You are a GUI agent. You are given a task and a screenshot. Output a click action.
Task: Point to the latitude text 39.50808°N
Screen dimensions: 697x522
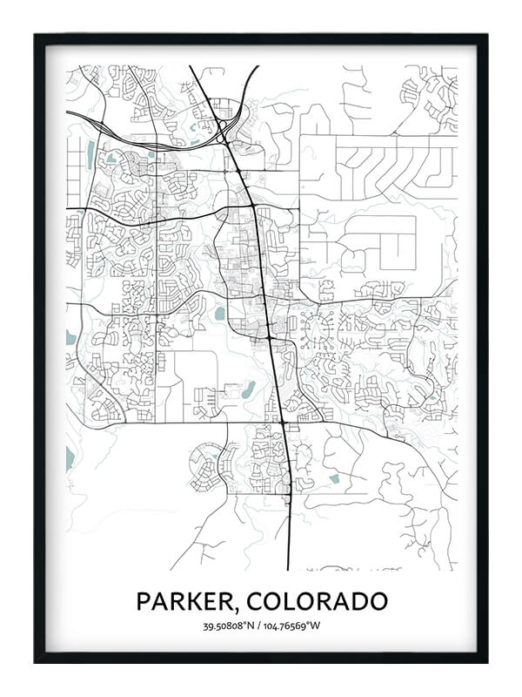click(x=231, y=626)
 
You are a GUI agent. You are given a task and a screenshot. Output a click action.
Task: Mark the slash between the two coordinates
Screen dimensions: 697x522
click(x=261, y=626)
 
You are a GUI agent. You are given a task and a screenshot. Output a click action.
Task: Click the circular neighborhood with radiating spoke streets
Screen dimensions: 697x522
click(x=316, y=330)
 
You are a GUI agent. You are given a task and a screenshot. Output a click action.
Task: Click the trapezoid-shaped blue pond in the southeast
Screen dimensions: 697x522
click(x=335, y=478)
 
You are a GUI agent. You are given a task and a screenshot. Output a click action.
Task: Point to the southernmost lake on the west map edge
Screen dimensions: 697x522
click(x=70, y=457)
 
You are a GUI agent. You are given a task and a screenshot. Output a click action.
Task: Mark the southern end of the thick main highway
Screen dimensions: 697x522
click(x=289, y=568)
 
